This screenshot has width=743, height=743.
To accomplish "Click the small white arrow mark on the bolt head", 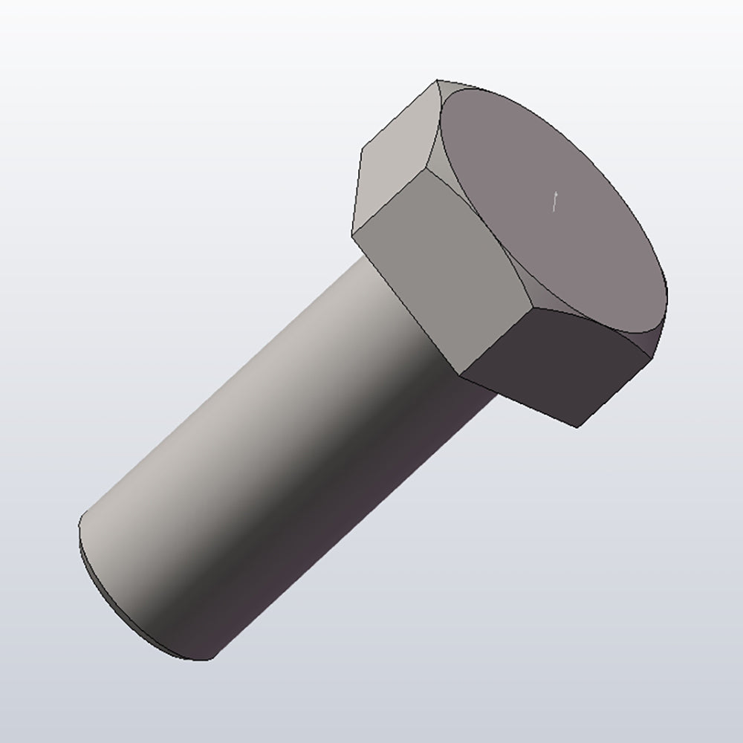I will click(555, 201).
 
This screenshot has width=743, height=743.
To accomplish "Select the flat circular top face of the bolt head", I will click(550, 215).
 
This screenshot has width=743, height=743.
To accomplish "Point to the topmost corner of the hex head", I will click(436, 80).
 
